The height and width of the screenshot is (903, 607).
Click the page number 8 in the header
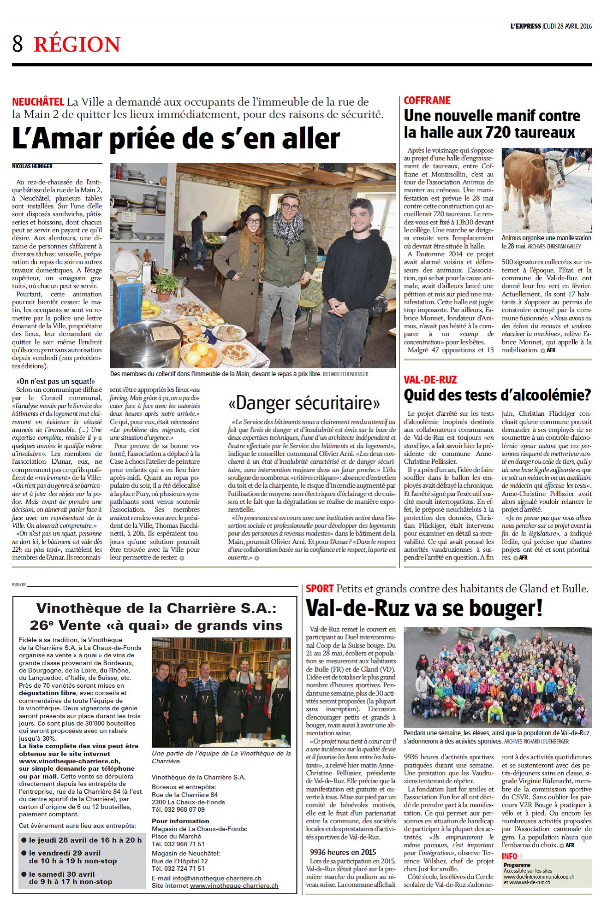click(18, 44)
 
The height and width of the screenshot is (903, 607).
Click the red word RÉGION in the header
click(77, 45)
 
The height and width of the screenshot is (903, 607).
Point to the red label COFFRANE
click(427, 100)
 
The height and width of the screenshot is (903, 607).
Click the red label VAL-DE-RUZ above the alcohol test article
click(430, 380)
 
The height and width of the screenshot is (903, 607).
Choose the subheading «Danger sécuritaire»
click(304, 403)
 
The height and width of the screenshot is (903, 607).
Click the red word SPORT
click(319, 589)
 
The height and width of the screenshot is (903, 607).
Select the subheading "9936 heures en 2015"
click(343, 852)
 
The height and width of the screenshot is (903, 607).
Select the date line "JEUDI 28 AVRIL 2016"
click(567, 26)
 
